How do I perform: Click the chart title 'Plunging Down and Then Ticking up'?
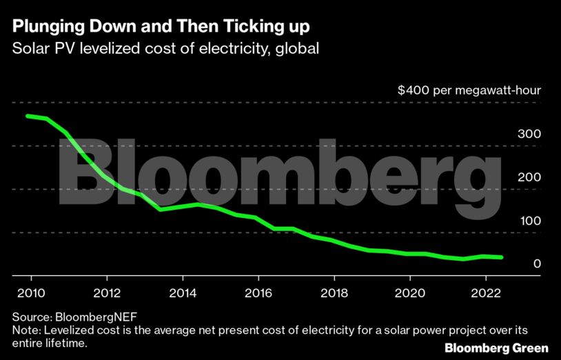click(161, 28)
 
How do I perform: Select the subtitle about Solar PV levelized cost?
click(165, 50)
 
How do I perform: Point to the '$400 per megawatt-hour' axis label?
click(469, 91)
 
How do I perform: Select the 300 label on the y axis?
click(529, 134)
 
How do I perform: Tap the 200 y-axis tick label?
click(529, 177)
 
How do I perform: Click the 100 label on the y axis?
click(529, 221)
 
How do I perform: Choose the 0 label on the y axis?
click(537, 264)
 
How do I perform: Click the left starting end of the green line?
click(28, 116)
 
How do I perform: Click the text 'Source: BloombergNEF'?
click(70, 317)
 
